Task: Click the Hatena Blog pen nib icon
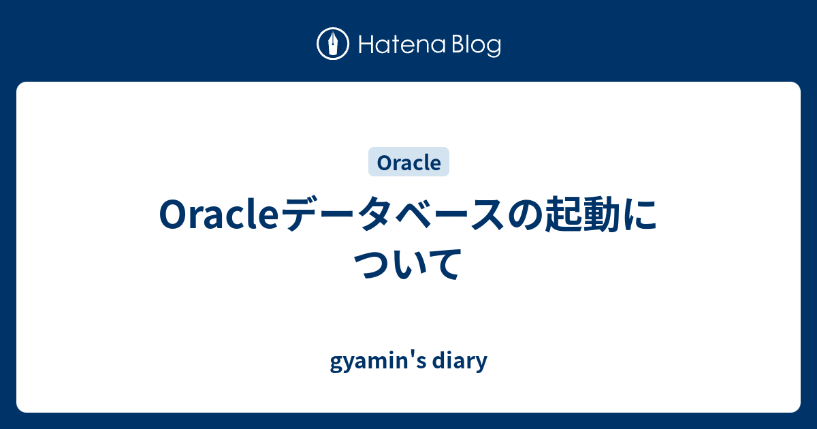(x=333, y=44)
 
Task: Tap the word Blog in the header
(x=475, y=45)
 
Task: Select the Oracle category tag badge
(x=408, y=162)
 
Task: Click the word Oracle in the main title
(x=219, y=216)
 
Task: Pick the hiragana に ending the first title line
(x=645, y=216)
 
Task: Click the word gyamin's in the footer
(x=372, y=362)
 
